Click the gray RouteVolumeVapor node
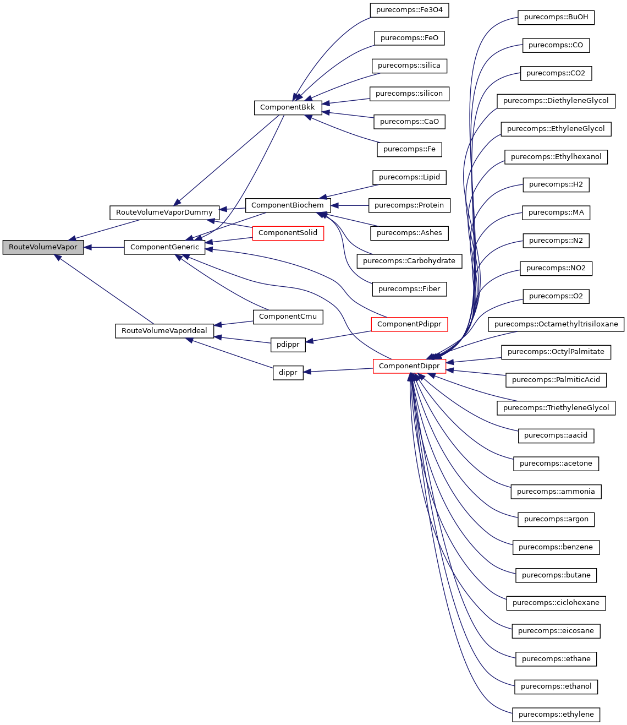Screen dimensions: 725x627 (x=43, y=247)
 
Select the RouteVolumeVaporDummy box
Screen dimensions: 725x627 (x=164, y=212)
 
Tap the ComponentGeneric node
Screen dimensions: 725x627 (x=164, y=247)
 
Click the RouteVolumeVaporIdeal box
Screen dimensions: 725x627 (x=164, y=331)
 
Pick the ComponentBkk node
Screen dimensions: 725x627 (x=287, y=107)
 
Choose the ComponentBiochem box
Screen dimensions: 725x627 (x=287, y=205)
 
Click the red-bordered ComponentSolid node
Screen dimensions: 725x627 (x=288, y=233)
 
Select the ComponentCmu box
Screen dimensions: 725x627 (x=288, y=317)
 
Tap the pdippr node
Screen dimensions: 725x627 (x=288, y=345)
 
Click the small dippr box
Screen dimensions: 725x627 (x=288, y=373)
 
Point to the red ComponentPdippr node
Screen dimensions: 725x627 (x=409, y=324)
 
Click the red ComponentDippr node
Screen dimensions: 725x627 (x=409, y=366)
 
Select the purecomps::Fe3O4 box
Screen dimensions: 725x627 (x=409, y=10)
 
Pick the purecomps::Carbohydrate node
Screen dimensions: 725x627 (x=409, y=261)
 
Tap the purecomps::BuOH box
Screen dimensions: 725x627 (x=555, y=17)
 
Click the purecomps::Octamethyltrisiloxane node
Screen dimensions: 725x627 (x=556, y=324)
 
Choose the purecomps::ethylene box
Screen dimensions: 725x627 (x=556, y=715)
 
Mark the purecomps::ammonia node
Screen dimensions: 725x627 (x=556, y=492)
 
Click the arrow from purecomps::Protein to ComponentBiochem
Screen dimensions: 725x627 (x=350, y=205)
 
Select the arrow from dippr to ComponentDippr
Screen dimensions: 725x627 (x=338, y=370)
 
